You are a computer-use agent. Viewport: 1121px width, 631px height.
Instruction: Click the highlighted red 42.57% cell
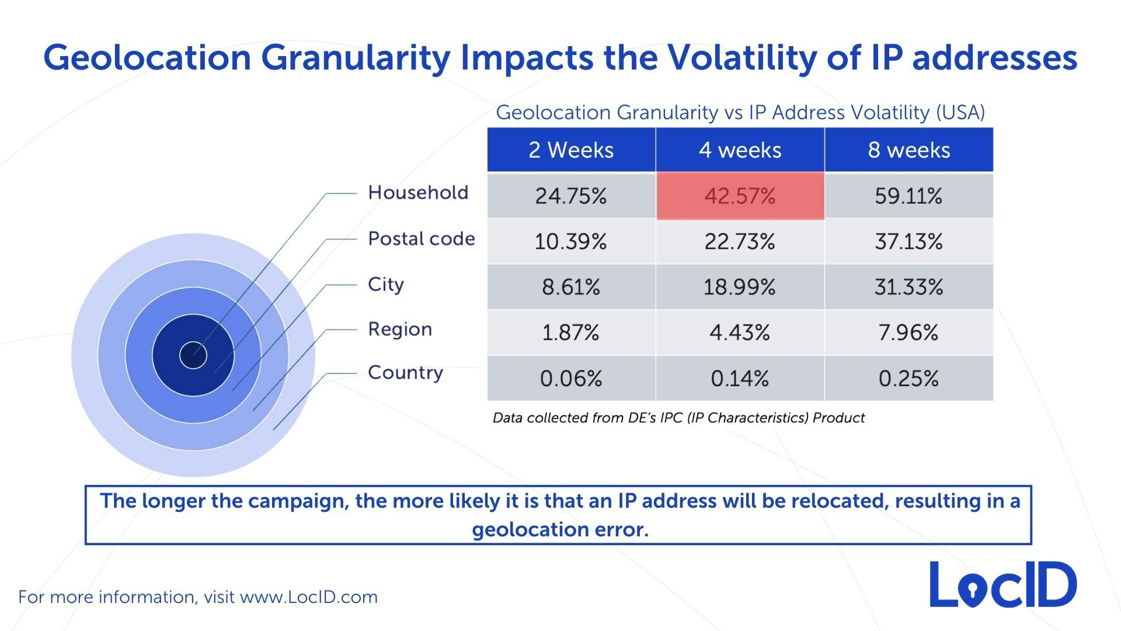pyautogui.click(x=740, y=196)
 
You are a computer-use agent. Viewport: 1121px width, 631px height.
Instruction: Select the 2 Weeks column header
pyautogui.click(x=571, y=150)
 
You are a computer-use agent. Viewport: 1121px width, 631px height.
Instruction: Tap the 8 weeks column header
pyautogui.click(x=908, y=150)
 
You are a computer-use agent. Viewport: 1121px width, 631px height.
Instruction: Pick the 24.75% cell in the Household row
pyautogui.click(x=571, y=196)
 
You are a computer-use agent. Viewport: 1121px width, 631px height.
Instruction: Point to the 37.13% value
pyautogui.click(x=908, y=241)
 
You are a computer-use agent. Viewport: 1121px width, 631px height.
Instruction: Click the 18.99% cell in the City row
pyautogui.click(x=740, y=287)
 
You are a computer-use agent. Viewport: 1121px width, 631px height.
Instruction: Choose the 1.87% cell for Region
pyautogui.click(x=571, y=332)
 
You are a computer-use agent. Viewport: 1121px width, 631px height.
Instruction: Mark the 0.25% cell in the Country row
pyautogui.click(x=908, y=379)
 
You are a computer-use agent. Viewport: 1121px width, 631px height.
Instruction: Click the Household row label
pyautogui.click(x=418, y=192)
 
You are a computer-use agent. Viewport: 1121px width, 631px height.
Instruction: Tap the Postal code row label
pyautogui.click(x=421, y=238)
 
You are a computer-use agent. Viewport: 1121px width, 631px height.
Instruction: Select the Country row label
pyautogui.click(x=405, y=373)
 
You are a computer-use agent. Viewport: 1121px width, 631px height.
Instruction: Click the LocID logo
pyautogui.click(x=1003, y=585)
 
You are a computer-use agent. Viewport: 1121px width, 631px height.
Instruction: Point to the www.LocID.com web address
pyautogui.click(x=309, y=597)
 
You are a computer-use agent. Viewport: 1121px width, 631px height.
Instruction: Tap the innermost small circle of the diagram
pyautogui.click(x=193, y=355)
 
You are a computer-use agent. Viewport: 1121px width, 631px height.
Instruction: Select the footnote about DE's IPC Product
pyautogui.click(x=678, y=418)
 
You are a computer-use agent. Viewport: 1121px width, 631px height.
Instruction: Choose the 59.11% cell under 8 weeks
pyautogui.click(x=908, y=196)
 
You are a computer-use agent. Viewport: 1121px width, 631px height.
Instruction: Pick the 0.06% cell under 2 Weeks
pyautogui.click(x=571, y=379)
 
